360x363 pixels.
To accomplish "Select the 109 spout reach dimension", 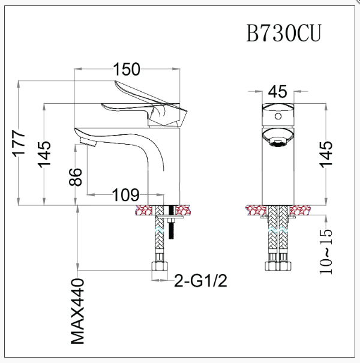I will [x=126, y=194].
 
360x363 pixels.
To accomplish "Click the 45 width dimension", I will [x=278, y=91].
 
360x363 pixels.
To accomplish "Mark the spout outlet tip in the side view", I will [x=85, y=142].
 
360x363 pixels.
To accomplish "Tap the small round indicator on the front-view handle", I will [x=278, y=112].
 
